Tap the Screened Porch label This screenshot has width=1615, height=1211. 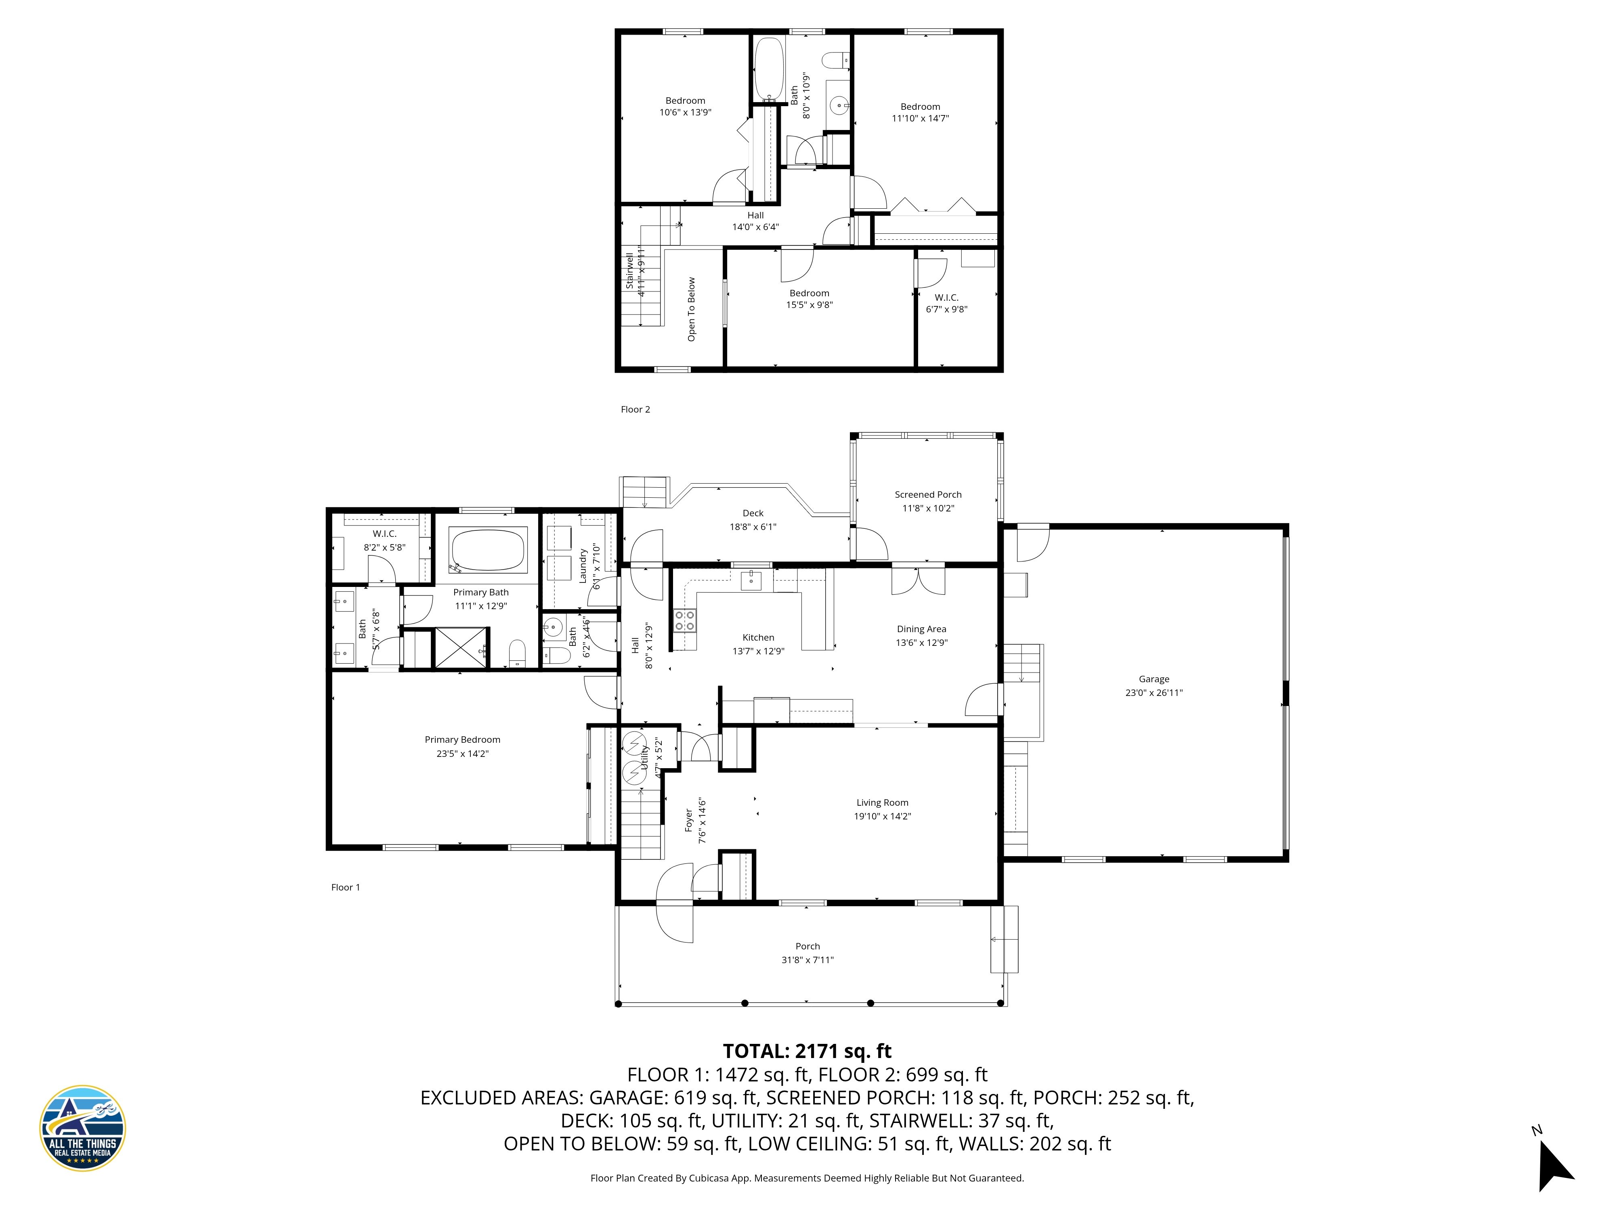[x=927, y=494]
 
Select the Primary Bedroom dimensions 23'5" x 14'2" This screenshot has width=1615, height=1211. [x=462, y=753]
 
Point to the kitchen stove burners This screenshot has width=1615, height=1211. [x=684, y=620]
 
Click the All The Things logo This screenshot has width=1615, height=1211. [x=82, y=1128]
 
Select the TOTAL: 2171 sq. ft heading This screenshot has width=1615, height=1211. [x=807, y=1051]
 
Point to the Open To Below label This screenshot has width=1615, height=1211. [x=691, y=309]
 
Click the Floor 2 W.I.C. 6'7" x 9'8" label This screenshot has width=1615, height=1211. [x=946, y=303]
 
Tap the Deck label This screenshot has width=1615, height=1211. [x=753, y=513]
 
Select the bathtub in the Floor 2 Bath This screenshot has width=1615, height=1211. [x=768, y=69]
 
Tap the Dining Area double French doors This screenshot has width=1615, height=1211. [x=918, y=581]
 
